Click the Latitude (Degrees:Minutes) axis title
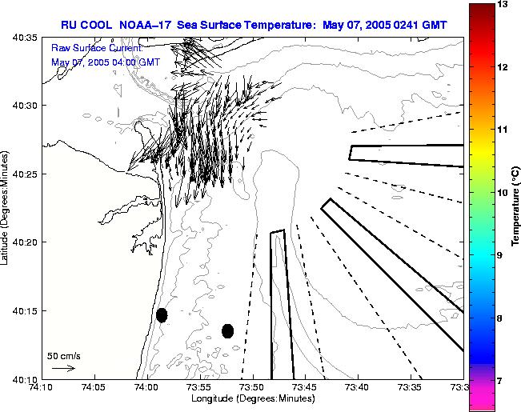[6, 209]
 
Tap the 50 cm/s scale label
[64, 355]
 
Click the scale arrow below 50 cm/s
[63, 368]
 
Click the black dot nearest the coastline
[162, 315]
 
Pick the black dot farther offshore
[227, 330]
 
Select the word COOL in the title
[102, 25]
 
